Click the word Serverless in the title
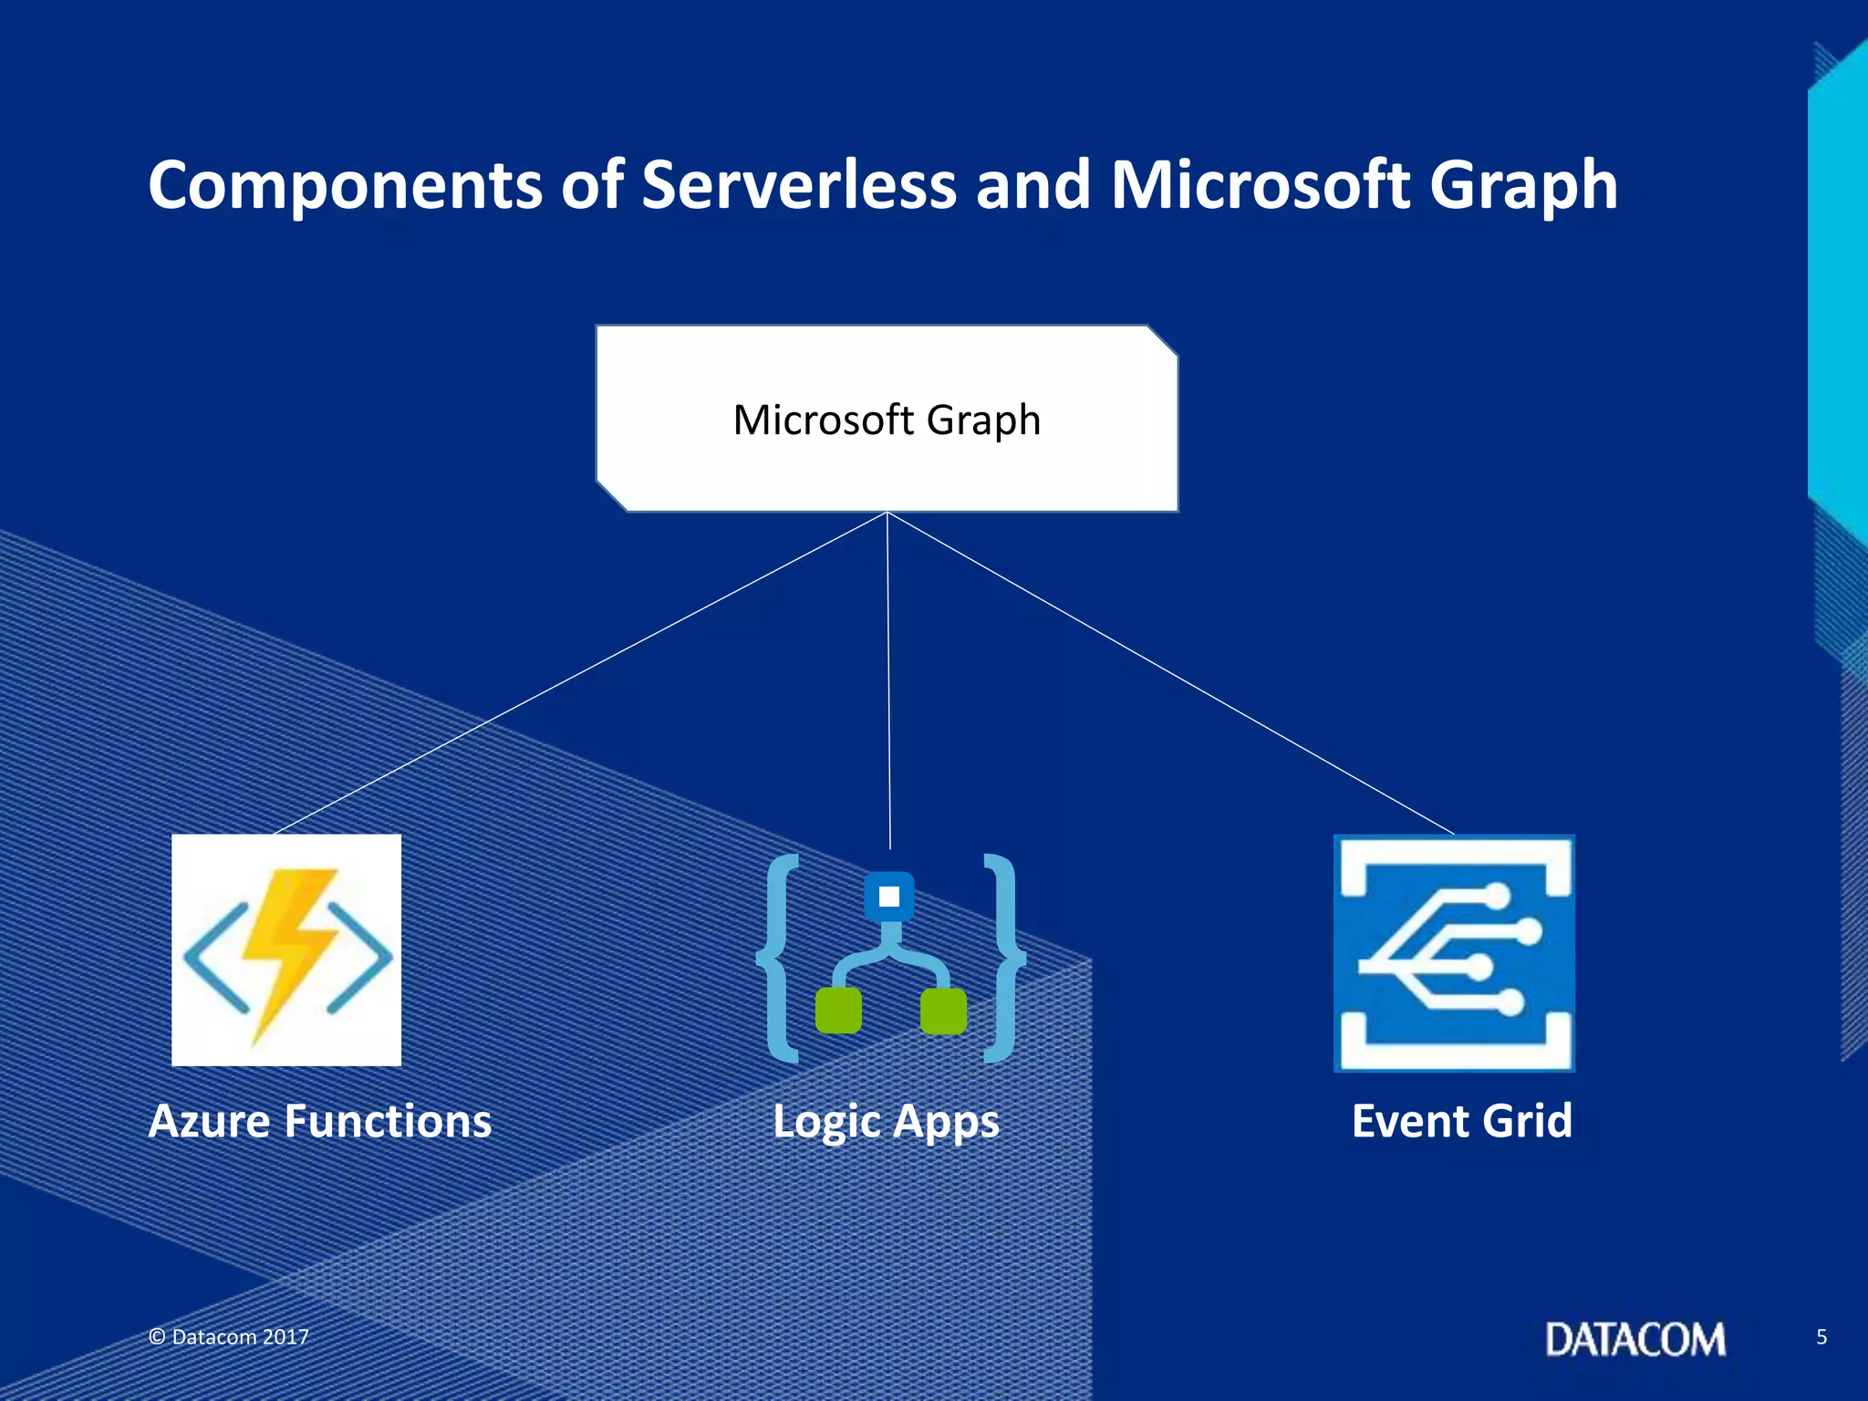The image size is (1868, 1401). [799, 185]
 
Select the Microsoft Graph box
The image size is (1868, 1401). [887, 419]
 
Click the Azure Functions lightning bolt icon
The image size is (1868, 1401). [286, 950]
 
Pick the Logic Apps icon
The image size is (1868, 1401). [890, 958]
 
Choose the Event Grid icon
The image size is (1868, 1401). [1454, 953]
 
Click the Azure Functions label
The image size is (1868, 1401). [320, 1121]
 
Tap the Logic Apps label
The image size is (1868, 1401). [886, 1122]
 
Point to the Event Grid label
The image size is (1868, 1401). [1461, 1121]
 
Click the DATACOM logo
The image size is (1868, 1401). [1634, 1339]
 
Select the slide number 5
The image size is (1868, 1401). [1821, 1337]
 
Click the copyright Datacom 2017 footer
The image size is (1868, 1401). [229, 1337]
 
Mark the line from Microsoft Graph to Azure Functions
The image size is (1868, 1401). [580, 673]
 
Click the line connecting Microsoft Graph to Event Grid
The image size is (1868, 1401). [1170, 673]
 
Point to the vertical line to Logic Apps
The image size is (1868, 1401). [888, 680]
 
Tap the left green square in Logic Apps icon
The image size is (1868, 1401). [838, 1011]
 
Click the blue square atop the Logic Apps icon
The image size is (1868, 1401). [889, 897]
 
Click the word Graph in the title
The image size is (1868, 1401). [1523, 185]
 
